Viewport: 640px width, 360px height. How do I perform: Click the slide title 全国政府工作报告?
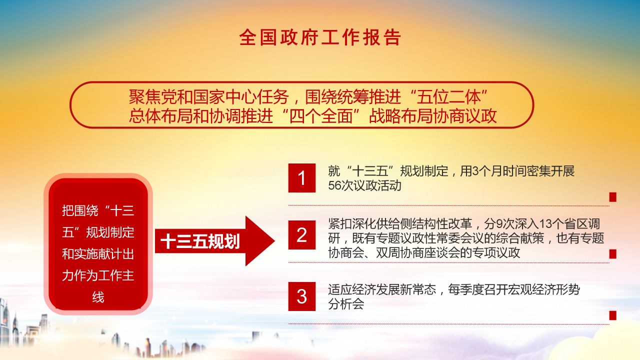click(x=320, y=37)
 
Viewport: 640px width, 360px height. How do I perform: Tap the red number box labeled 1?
click(x=302, y=178)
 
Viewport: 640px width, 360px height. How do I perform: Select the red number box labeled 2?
click(x=302, y=235)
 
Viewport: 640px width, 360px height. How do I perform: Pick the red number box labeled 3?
click(x=302, y=296)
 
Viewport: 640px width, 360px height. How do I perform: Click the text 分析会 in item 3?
click(x=345, y=304)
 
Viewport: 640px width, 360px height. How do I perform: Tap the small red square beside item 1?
click(x=612, y=197)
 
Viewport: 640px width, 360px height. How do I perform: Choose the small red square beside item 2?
click(x=612, y=254)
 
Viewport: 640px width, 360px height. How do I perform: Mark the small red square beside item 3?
click(x=612, y=315)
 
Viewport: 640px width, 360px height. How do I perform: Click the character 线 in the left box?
click(x=98, y=297)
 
